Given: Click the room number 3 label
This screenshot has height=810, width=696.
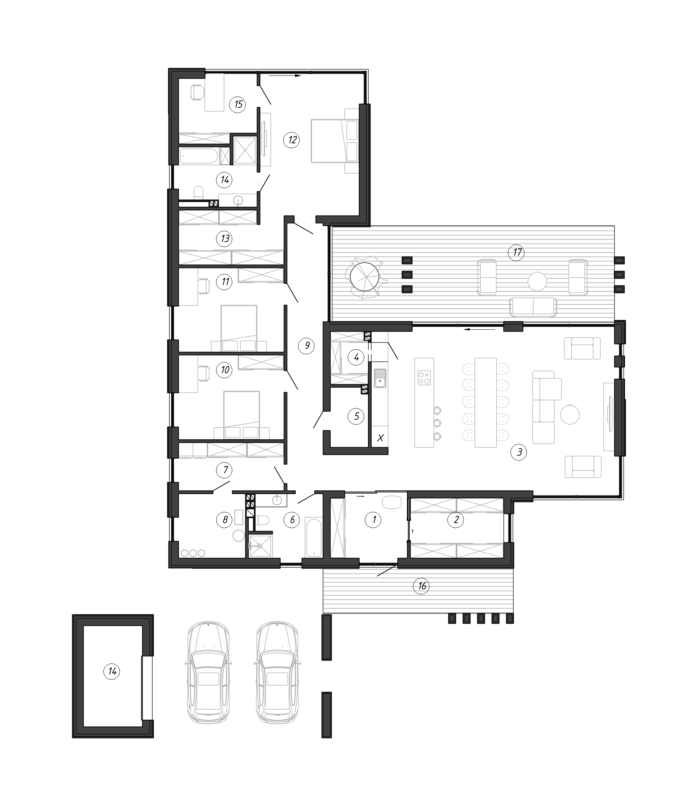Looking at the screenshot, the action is pos(519,452).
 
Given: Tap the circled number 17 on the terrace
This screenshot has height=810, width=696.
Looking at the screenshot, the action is pos(516,252).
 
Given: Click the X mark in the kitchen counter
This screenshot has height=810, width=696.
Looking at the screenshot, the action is pos(380,438).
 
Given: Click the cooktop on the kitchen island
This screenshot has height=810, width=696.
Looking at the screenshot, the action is pos(424,378).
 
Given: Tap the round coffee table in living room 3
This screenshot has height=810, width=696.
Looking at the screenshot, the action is pos(569,414).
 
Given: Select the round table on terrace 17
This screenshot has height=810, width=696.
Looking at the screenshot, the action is pos(538,281).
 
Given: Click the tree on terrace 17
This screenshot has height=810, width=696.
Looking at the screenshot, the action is pos(365,277).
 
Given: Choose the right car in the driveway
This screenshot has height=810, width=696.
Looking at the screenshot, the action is pos(277,673).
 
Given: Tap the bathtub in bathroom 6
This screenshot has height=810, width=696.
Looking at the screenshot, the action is pos(314,537).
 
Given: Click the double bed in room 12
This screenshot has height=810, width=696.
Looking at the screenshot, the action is pos(334,141).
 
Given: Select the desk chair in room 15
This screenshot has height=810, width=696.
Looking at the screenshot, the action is pos(197,92).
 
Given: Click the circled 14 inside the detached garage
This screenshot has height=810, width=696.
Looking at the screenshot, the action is pos(112,671).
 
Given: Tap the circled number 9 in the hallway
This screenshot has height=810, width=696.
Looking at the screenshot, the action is pos(307,346).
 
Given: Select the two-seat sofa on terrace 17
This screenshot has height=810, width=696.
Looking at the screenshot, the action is pos(533,307).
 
